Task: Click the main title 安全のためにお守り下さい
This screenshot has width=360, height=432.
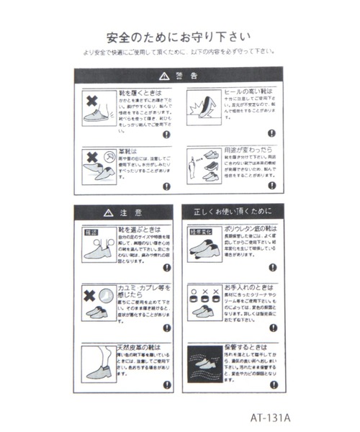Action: (179, 36)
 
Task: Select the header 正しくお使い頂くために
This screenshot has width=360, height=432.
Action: (233, 212)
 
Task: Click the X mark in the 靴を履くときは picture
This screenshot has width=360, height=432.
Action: (91, 99)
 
